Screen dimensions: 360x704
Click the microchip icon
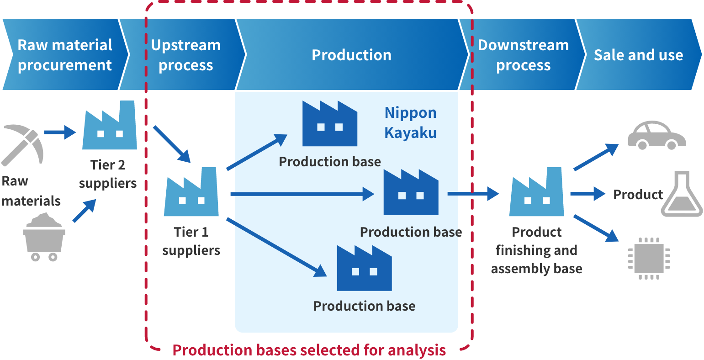(649, 258)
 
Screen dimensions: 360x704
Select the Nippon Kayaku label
(410, 122)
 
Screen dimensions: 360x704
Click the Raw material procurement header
(64, 55)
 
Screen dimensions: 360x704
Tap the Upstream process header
(185, 55)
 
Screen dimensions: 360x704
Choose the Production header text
(351, 55)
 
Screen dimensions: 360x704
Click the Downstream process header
(523, 55)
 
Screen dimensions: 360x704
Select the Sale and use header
(638, 55)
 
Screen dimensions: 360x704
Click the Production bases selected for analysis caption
(309, 350)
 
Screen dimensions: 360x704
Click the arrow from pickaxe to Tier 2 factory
(60, 132)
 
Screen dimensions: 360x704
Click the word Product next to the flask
(638, 195)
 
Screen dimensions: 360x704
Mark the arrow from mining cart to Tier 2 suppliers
(85, 211)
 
